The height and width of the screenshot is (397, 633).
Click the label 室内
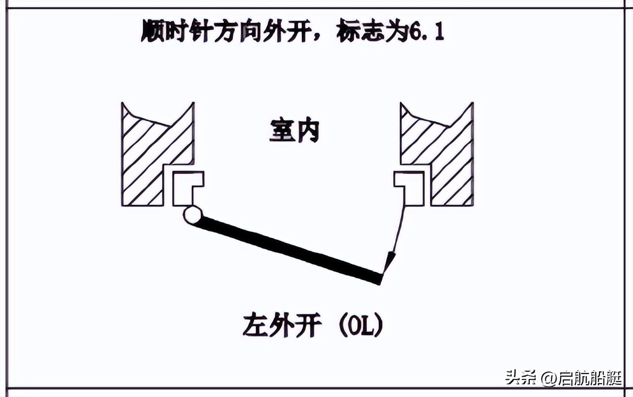coord(294,132)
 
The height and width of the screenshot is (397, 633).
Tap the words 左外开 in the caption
coord(282,326)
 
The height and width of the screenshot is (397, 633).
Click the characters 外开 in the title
coord(285,31)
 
